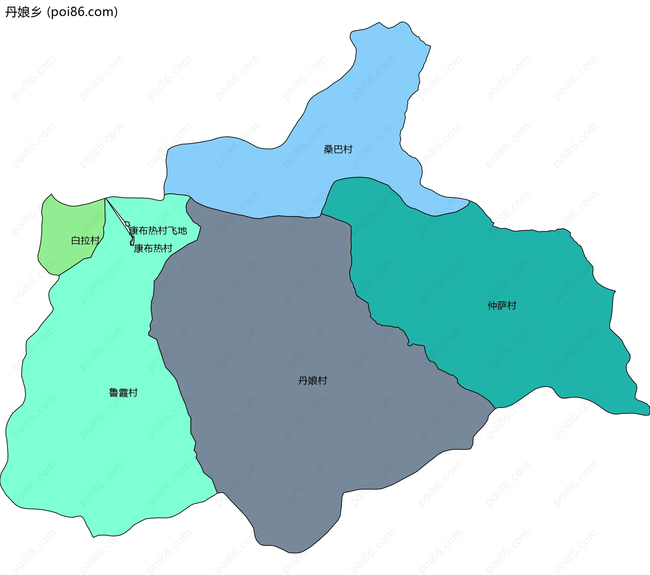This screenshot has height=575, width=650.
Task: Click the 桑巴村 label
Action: pos(338,149)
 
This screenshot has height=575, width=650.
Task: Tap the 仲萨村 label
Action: pos(502,306)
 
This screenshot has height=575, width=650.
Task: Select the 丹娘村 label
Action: pos(312,380)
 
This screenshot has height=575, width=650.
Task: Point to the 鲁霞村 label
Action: pos(123,393)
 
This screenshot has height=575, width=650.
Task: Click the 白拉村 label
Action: pos(85,240)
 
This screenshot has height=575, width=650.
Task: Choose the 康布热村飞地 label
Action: pos(158,230)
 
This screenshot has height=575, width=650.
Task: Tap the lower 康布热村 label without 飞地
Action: pos(153,248)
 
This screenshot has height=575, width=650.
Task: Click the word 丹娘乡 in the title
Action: pos(23,12)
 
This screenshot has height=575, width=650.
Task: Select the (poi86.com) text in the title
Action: pos(82,12)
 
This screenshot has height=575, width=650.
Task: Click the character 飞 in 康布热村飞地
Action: pos(173,230)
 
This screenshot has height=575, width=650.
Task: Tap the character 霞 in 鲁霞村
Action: pos(123,393)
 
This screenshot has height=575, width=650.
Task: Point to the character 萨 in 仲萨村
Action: pos(502,306)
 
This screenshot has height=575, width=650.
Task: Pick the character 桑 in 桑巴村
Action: pos(328,149)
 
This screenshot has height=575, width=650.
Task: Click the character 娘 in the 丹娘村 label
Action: pos(312,380)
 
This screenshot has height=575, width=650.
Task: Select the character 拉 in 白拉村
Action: pos(85,240)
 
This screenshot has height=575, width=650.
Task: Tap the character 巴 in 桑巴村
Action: pos(338,149)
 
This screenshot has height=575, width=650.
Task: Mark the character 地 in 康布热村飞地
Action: pos(182,230)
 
